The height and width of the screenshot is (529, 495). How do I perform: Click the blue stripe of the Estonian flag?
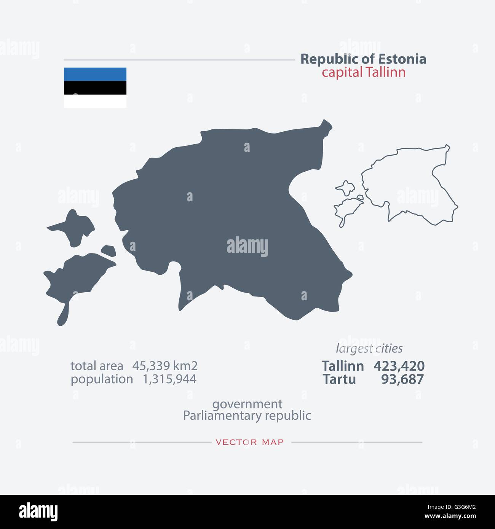click(x=95, y=74)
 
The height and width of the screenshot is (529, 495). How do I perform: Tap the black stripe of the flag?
click(x=95, y=88)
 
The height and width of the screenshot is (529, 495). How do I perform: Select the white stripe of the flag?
click(x=95, y=101)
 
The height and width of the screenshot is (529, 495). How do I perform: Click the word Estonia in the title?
click(x=402, y=59)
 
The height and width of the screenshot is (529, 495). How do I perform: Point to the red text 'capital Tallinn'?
click(x=364, y=72)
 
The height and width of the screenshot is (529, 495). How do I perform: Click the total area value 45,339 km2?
click(x=165, y=366)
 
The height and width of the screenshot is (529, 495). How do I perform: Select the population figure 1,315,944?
click(x=169, y=379)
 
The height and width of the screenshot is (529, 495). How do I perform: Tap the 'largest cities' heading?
click(x=369, y=348)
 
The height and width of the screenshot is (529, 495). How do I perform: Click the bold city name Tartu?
click(x=339, y=379)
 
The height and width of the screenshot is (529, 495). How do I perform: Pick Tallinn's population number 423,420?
click(x=399, y=366)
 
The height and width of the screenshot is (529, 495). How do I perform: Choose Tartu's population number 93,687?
click(x=402, y=379)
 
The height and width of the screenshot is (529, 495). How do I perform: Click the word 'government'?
click(x=247, y=404)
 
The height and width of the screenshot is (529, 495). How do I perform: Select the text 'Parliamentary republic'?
click(x=247, y=416)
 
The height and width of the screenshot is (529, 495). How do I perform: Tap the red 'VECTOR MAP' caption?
click(x=249, y=442)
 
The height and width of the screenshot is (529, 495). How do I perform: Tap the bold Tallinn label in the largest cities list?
click(x=343, y=366)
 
